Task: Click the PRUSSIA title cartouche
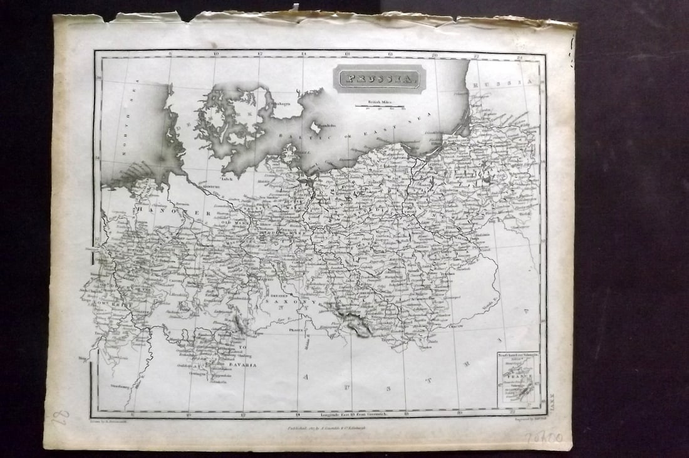[379, 79]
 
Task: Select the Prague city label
[296, 329]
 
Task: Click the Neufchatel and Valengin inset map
[517, 378]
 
